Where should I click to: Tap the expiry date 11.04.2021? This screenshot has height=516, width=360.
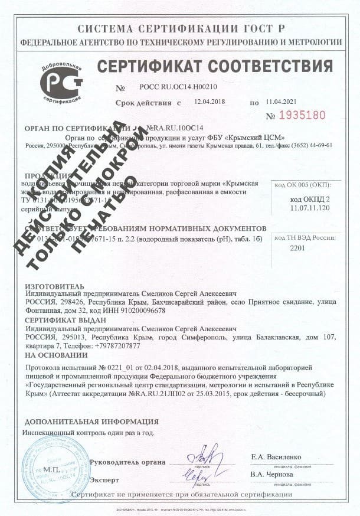click(x=281, y=102)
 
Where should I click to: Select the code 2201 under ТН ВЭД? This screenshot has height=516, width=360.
click(x=300, y=249)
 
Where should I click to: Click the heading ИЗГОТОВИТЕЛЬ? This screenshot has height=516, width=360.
click(x=51, y=286)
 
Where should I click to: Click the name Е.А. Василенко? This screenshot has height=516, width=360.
click(x=276, y=457)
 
